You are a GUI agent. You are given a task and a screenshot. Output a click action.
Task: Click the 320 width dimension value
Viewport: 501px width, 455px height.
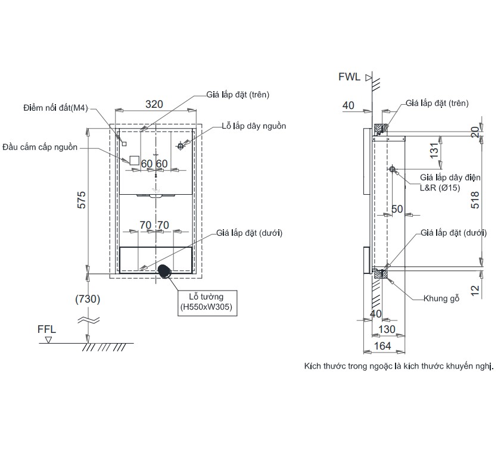[154, 104]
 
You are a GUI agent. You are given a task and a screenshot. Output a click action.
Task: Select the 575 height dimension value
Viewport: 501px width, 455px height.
[82, 200]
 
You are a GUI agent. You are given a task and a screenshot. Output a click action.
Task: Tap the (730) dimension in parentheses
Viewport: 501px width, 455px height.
[88, 299]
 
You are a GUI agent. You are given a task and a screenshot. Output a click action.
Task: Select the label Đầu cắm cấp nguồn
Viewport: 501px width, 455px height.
[40, 147]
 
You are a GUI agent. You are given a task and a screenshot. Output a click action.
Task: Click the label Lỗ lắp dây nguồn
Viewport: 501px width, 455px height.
[254, 126]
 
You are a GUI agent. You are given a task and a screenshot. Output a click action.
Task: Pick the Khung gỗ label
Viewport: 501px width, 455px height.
[441, 298]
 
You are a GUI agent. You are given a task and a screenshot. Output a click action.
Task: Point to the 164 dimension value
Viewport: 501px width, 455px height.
[382, 345]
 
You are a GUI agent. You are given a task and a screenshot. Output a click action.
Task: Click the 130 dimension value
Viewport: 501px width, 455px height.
[387, 329]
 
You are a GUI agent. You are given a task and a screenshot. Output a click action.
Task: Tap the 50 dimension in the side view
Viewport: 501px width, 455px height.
[397, 209]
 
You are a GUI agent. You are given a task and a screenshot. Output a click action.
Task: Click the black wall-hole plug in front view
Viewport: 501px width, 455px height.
[164, 272]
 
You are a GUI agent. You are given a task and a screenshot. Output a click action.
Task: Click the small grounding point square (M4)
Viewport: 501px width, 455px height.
[125, 144]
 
